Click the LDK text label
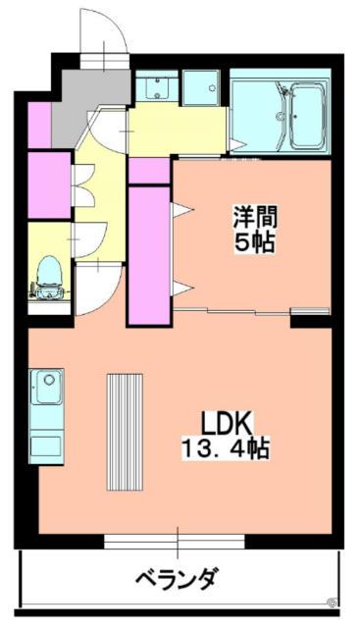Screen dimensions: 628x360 coord(228,424)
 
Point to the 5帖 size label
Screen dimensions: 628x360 coord(253,241)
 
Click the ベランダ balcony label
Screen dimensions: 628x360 coord(177,578)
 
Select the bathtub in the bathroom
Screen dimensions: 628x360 coord(283,113)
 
